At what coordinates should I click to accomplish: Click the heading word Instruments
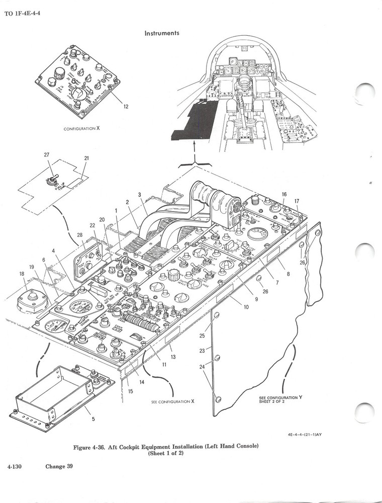tap(162, 33)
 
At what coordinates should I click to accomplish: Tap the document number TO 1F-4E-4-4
tap(23, 13)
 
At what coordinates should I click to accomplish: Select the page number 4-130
tap(17, 466)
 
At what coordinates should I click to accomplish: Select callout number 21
tap(86, 158)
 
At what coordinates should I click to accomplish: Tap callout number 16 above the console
tap(284, 194)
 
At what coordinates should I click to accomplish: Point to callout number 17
tap(297, 201)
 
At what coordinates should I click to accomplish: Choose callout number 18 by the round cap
tap(22, 274)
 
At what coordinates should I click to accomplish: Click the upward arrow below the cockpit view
tap(194, 147)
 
